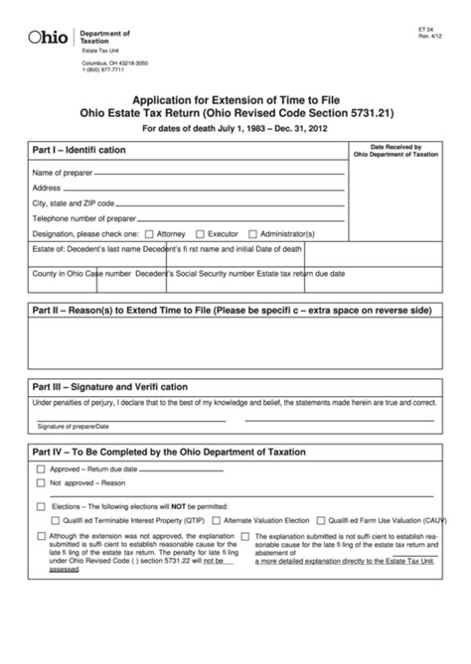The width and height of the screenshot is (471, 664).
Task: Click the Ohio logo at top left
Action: coord(48,37)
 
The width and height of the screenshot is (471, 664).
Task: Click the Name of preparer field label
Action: coord(65,173)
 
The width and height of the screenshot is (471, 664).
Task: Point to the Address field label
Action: coord(47,188)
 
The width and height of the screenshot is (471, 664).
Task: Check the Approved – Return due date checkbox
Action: coord(41,467)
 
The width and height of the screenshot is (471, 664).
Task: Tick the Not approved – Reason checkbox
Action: coord(41,483)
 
